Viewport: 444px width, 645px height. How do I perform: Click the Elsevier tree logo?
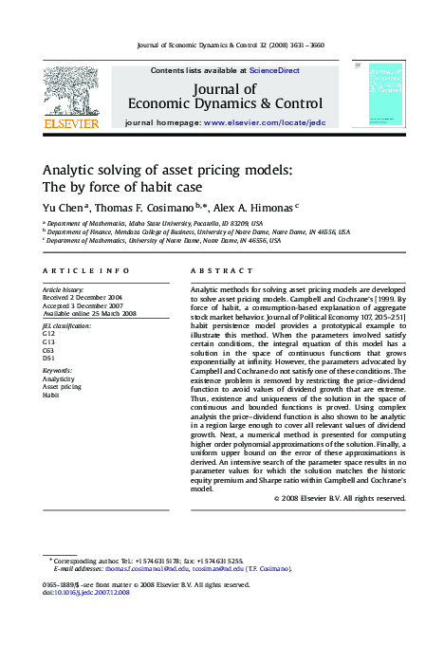coord(71,89)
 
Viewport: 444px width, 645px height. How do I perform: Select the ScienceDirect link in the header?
coord(274,70)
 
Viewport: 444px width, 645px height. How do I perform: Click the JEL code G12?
coord(49,334)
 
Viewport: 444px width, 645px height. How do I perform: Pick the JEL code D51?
coord(49,358)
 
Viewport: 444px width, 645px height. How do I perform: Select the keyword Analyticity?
coord(59,378)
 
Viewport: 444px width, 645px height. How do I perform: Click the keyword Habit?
coord(50,395)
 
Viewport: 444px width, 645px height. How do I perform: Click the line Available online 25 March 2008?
coord(89,313)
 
